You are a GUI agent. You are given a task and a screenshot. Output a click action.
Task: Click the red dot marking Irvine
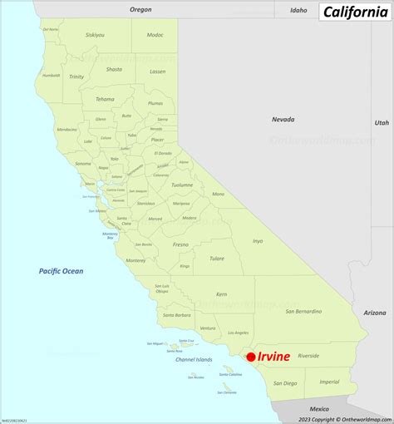(x=251, y=357)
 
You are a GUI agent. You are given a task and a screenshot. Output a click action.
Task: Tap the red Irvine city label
(x=274, y=357)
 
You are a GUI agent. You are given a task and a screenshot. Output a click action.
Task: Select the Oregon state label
(x=141, y=9)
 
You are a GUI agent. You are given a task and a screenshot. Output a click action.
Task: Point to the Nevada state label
(x=283, y=120)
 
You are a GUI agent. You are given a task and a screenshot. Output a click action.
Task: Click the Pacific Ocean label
(x=61, y=271)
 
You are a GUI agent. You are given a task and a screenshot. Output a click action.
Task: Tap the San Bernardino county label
(x=303, y=312)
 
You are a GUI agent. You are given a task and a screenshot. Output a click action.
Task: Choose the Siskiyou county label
(x=96, y=35)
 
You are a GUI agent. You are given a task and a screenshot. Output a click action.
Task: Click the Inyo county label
(x=258, y=241)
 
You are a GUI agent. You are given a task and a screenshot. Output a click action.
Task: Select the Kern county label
(x=221, y=294)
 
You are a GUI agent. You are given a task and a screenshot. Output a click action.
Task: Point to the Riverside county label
(x=308, y=355)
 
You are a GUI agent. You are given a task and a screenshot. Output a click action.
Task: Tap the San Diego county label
(x=284, y=383)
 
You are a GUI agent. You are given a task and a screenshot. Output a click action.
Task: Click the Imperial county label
(x=330, y=382)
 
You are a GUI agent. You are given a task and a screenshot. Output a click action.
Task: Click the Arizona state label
(x=375, y=313)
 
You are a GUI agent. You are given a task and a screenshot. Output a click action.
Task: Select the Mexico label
(x=319, y=409)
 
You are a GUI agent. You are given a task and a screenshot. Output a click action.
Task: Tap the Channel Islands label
(x=194, y=360)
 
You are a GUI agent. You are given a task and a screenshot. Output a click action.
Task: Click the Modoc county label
(x=155, y=35)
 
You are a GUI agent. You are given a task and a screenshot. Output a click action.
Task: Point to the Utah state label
(x=381, y=122)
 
